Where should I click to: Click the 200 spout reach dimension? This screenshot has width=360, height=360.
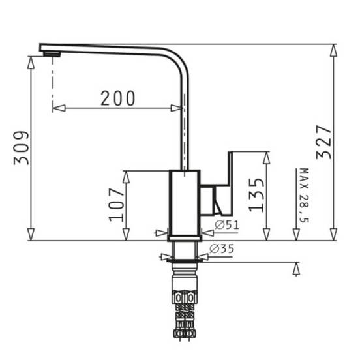tap(118, 98)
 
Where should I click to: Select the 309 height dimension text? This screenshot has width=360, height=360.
tap(21, 148)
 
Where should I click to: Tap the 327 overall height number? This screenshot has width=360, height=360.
tap(323, 142)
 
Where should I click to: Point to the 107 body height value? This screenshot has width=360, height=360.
tap(116, 205)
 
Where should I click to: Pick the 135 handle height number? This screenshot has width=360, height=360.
tap(256, 195)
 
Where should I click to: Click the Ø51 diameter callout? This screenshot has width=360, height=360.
tap(227, 225)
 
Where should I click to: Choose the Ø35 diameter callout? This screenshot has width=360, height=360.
tap(222, 248)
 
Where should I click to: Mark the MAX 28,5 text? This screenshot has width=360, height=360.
tap(305, 196)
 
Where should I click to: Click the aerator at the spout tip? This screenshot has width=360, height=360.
tap(52, 54)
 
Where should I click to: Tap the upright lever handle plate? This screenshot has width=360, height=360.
tap(230, 183)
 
